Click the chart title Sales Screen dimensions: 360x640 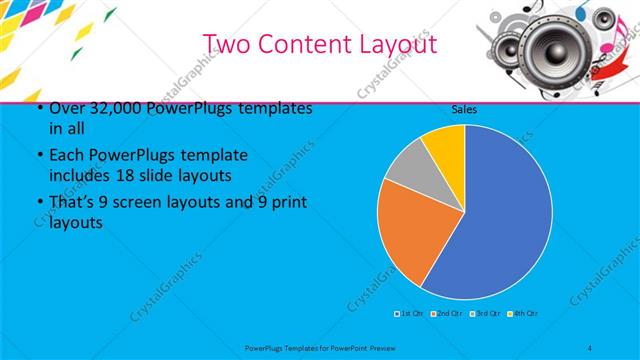[464, 108]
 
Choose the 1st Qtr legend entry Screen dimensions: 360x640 [408, 313]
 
